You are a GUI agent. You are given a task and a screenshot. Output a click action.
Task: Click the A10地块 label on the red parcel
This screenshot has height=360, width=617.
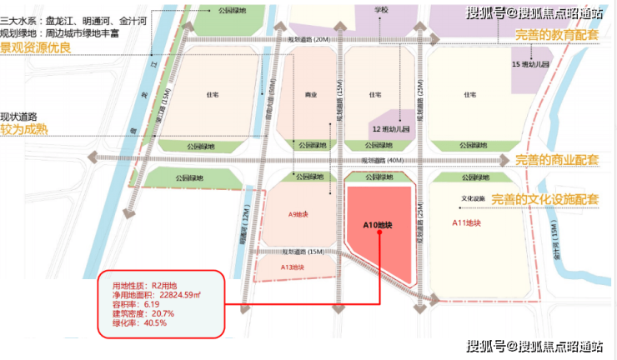378,225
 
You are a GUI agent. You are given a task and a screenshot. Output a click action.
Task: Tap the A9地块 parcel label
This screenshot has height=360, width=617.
298,214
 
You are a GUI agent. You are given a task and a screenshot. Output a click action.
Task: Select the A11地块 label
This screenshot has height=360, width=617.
466,222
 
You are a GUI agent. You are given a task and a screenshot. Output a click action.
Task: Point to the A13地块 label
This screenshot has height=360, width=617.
292,267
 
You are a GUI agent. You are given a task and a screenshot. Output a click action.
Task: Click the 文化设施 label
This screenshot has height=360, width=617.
473,199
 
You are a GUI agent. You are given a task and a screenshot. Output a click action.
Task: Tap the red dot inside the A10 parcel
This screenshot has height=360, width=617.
379,234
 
